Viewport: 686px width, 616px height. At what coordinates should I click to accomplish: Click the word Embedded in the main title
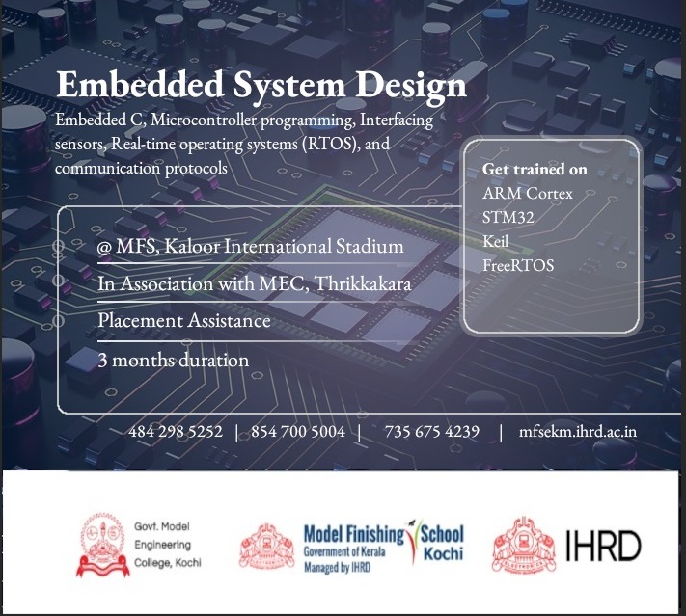click(140, 85)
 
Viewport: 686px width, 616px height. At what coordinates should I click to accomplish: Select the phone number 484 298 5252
click(176, 432)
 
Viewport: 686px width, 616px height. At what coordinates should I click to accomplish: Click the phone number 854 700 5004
click(298, 432)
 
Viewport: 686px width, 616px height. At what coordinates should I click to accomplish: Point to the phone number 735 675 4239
click(432, 432)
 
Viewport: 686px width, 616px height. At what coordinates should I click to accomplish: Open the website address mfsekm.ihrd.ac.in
click(578, 432)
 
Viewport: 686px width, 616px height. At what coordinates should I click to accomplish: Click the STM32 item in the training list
click(508, 217)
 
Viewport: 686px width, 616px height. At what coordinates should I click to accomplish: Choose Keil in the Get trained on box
click(496, 241)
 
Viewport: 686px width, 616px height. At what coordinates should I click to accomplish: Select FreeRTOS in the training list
click(518, 265)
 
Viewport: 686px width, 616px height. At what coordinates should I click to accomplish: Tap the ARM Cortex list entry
click(528, 193)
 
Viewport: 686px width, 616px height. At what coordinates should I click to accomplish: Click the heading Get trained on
click(535, 170)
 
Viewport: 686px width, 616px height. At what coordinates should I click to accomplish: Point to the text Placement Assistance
click(184, 320)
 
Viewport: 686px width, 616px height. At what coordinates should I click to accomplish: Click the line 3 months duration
click(174, 361)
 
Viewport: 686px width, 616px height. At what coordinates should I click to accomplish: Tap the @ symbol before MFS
click(104, 248)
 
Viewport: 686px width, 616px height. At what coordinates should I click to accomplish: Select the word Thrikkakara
click(363, 283)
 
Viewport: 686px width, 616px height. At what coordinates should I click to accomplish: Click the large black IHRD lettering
click(603, 546)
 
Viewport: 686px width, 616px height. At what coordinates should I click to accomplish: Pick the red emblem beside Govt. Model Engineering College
click(103, 546)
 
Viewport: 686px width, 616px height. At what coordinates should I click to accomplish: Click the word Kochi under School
click(443, 554)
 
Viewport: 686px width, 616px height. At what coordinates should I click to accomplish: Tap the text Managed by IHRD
click(338, 568)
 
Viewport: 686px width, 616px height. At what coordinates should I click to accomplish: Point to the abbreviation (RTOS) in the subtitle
click(329, 144)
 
